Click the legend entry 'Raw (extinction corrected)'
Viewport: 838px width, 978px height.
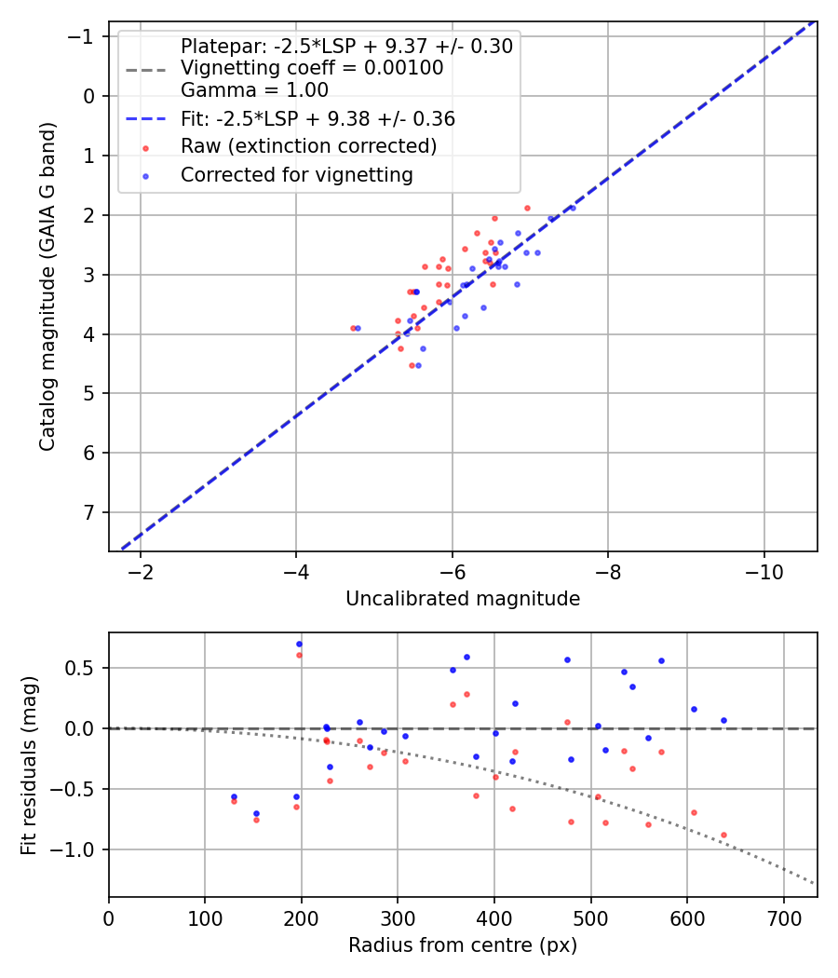308,146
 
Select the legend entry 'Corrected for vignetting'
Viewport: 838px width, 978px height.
296,174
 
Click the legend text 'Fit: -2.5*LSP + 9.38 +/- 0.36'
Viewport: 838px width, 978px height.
318,119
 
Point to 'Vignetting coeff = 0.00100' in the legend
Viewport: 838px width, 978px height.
312,68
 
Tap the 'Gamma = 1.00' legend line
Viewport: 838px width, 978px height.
254,90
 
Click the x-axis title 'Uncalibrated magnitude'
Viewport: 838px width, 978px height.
463,599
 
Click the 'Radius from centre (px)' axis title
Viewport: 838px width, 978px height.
463,945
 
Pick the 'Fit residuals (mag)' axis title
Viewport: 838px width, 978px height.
28,765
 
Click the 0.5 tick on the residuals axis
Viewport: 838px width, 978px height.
85,668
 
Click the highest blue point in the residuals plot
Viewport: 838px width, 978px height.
299,644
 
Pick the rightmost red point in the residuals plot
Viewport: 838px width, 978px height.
723,835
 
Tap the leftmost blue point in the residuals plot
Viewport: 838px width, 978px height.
234,796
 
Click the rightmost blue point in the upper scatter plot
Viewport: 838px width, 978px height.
572,208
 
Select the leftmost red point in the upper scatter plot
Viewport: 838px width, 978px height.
353,328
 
